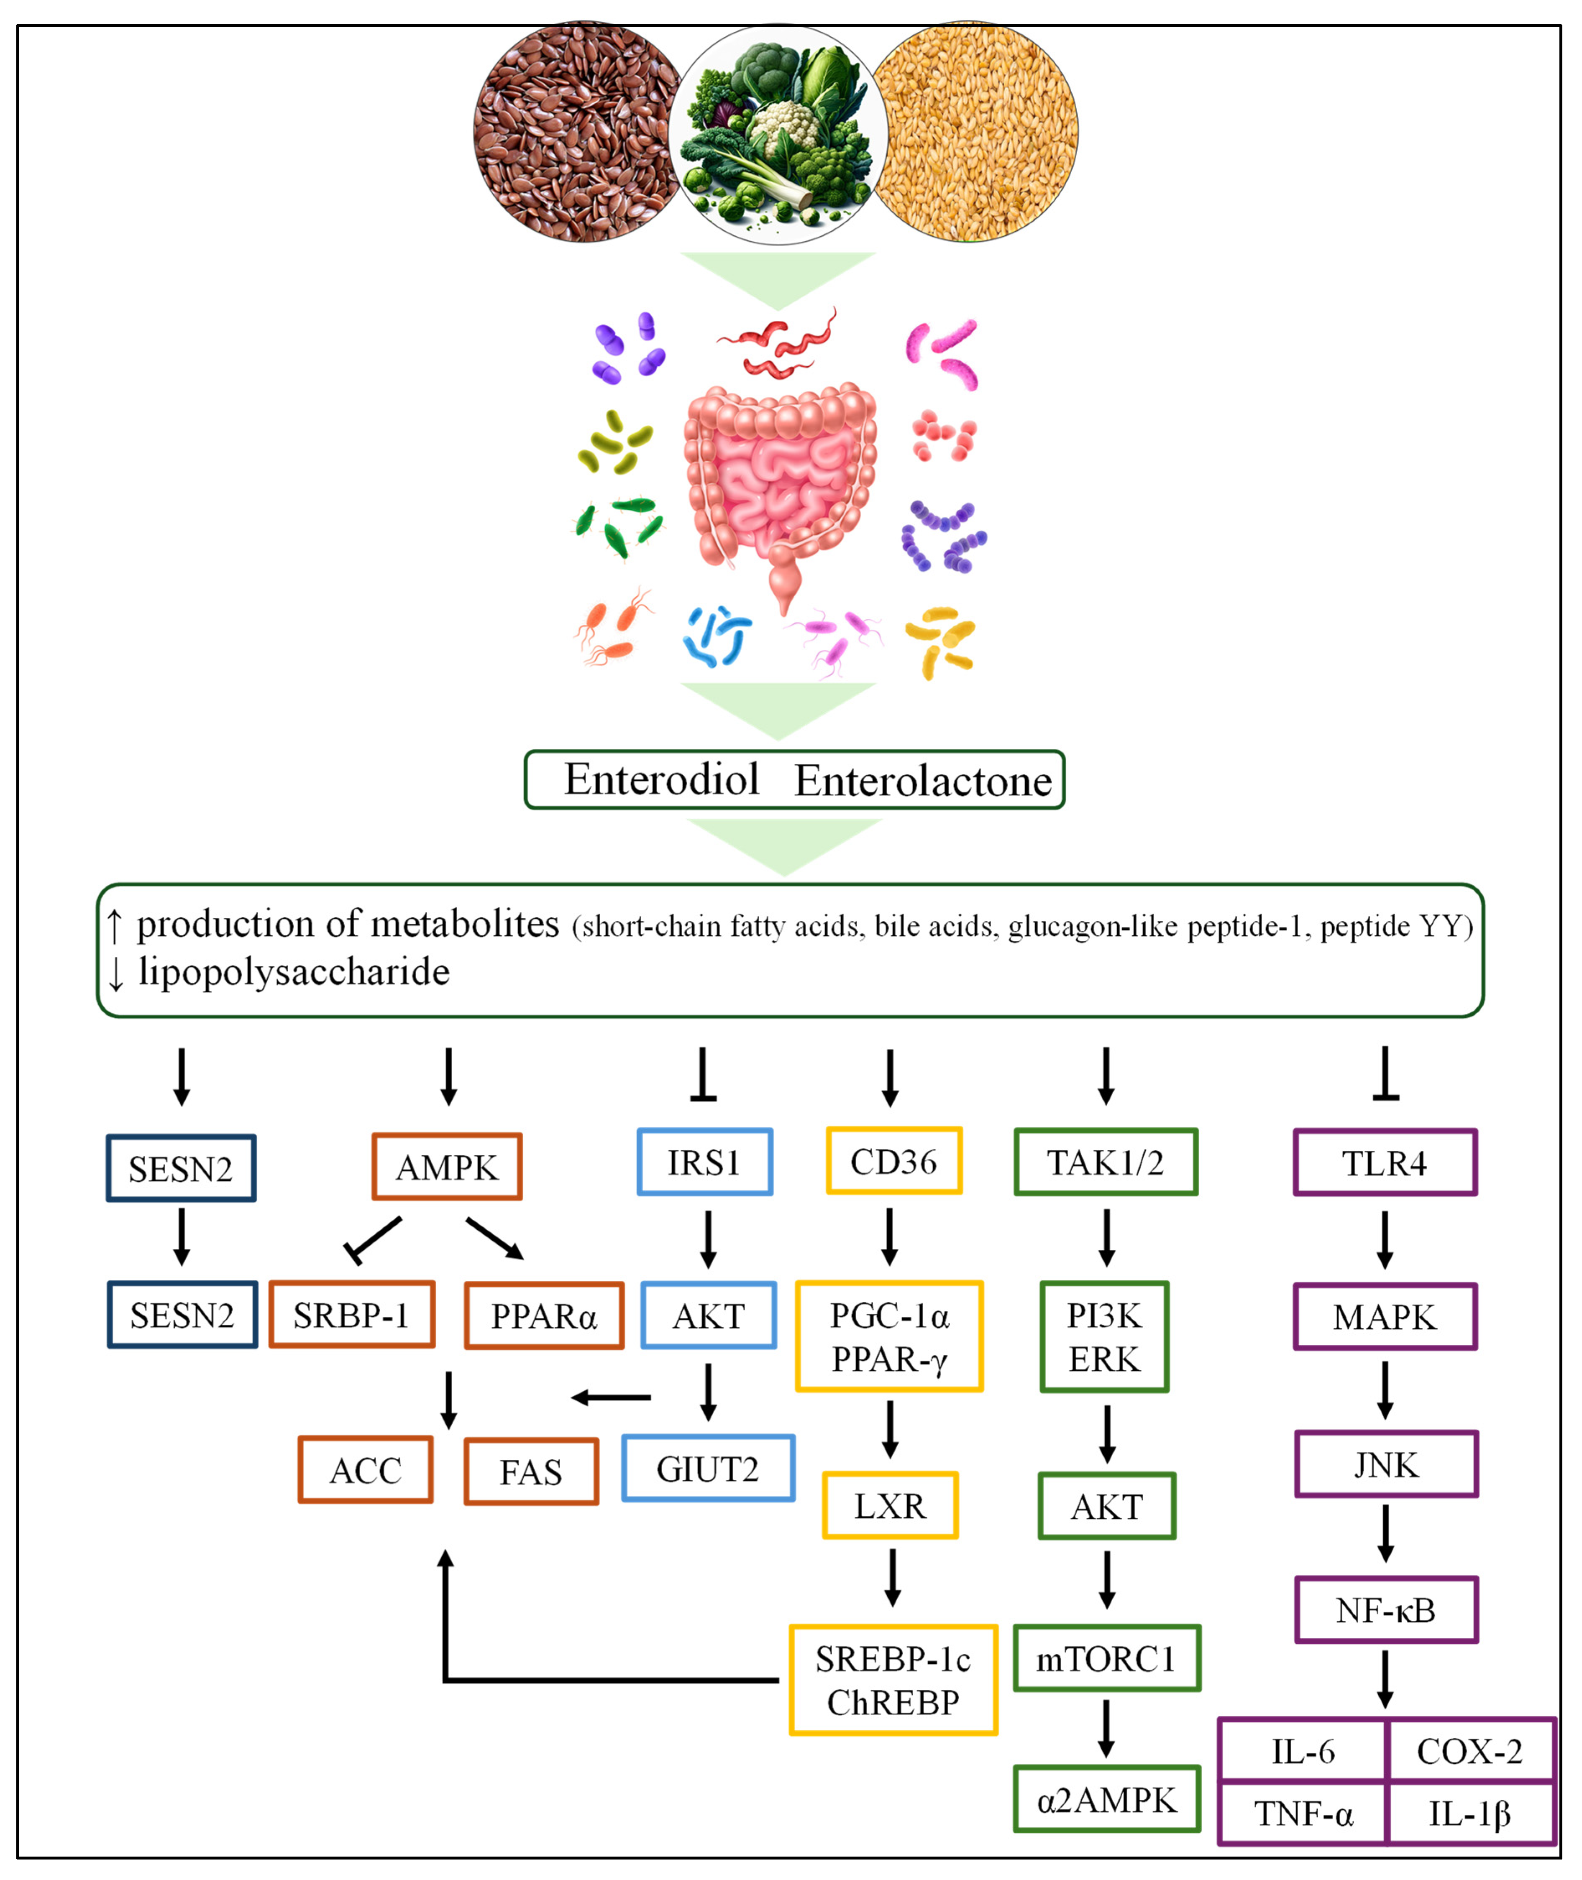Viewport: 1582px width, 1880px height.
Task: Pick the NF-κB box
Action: point(1385,1610)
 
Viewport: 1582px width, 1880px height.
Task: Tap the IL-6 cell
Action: point(1302,1751)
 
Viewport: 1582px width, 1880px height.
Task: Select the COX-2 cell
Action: point(1469,1751)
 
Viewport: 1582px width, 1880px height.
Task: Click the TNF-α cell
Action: point(1302,1814)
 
